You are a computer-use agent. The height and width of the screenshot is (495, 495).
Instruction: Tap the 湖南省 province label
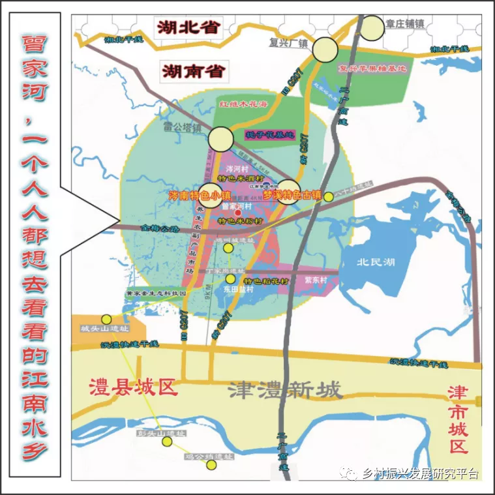[194, 70]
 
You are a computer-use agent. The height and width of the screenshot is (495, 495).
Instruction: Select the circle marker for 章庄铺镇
[372, 27]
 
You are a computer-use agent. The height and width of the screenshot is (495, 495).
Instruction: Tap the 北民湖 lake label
[375, 263]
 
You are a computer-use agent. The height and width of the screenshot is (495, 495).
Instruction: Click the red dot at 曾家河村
[238, 213]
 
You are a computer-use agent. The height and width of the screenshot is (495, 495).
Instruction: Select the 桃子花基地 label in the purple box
[269, 135]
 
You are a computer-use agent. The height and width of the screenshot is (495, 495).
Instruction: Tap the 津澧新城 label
[285, 391]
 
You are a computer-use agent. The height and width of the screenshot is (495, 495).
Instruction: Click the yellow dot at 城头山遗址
[106, 320]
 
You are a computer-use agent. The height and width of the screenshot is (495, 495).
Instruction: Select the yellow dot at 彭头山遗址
[168, 442]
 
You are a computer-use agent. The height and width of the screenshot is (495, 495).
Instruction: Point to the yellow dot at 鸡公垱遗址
[211, 464]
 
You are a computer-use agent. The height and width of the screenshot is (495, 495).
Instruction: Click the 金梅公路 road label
[159, 229]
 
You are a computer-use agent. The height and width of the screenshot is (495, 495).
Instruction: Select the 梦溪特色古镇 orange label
[292, 194]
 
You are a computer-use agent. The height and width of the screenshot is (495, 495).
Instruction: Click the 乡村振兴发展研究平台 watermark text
[421, 474]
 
